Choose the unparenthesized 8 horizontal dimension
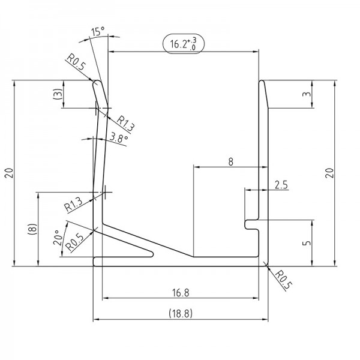[x=231, y=161]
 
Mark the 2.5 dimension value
[x=280, y=185]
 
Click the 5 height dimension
[x=307, y=243]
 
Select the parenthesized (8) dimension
[x=34, y=229]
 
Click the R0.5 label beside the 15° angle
[x=75, y=62]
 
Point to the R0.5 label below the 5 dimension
[x=282, y=280]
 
